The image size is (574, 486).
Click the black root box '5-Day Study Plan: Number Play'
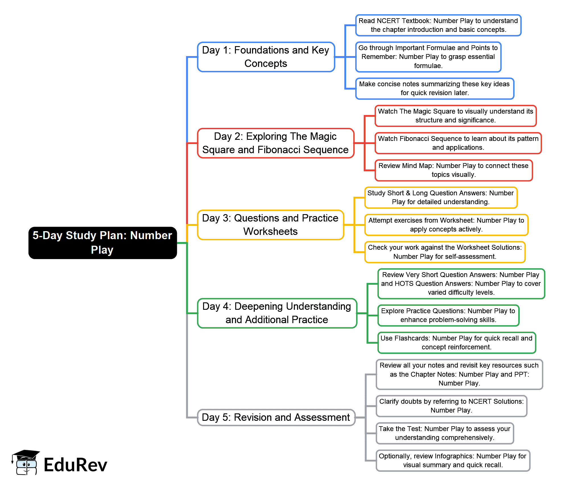point(103,243)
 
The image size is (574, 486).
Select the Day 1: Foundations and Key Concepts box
point(266,57)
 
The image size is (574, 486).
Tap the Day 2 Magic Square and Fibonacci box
point(276,143)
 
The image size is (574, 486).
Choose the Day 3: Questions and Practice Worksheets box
point(271,225)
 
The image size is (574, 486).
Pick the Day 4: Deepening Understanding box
point(277,313)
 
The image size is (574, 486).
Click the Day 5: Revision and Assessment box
point(276,417)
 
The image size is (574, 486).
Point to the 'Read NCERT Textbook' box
point(438,25)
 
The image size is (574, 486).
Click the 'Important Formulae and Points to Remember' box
point(428,57)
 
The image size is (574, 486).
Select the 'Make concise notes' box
point(435,89)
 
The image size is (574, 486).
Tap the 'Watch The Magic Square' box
point(456,116)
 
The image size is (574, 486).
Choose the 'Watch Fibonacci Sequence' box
point(458,143)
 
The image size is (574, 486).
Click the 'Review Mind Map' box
point(454,170)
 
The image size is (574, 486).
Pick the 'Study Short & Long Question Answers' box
point(441,198)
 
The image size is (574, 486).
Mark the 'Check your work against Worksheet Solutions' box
point(445,252)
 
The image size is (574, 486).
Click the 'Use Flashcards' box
point(457,343)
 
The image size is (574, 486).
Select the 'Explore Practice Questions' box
point(448,315)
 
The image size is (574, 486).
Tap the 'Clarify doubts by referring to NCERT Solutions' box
point(451,406)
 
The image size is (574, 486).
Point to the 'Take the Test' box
point(445,433)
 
